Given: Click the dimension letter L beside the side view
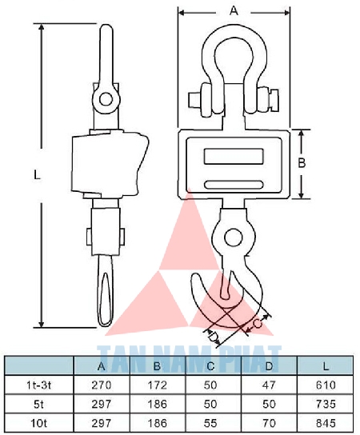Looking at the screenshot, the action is coord(37,175).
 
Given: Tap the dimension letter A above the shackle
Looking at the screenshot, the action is coord(234,11).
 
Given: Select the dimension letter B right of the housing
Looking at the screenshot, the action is coord(302,163).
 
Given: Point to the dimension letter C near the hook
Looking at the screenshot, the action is coord(258,324).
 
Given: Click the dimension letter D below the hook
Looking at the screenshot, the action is coord(213,336).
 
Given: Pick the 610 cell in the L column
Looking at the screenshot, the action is coord(326,385).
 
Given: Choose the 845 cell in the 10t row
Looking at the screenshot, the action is coord(326,423).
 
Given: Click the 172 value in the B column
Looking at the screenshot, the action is coord(157,385).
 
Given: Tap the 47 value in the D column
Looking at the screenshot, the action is coord(269,385).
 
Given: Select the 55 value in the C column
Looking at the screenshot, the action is coord(210,423).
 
